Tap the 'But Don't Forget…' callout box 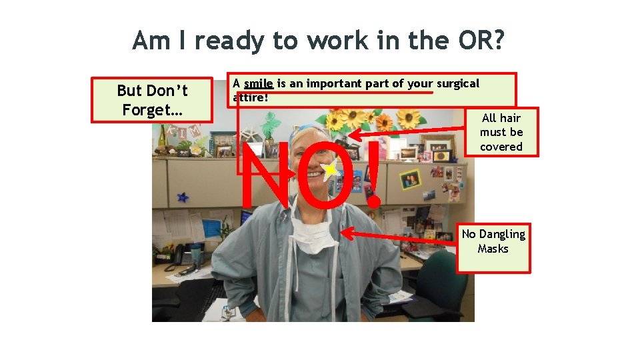coord(152,101)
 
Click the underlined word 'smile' coord(259,84)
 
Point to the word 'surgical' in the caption coord(457,84)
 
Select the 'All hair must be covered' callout coord(501,132)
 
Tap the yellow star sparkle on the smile coord(329,171)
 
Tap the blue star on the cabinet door coord(182,197)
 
